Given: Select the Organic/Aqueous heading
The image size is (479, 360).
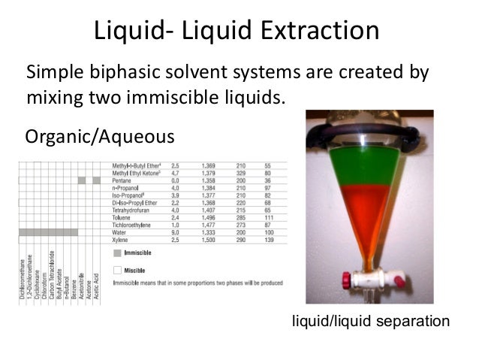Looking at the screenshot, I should point(100,137).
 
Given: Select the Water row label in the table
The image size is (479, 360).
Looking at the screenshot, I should point(119,234).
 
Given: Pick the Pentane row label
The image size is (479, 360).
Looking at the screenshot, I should point(122,181).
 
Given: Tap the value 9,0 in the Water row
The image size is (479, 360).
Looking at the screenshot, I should point(175,234).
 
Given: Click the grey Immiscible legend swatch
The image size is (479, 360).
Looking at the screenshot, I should point(118,253).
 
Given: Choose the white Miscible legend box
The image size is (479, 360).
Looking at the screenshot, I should point(118,268).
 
